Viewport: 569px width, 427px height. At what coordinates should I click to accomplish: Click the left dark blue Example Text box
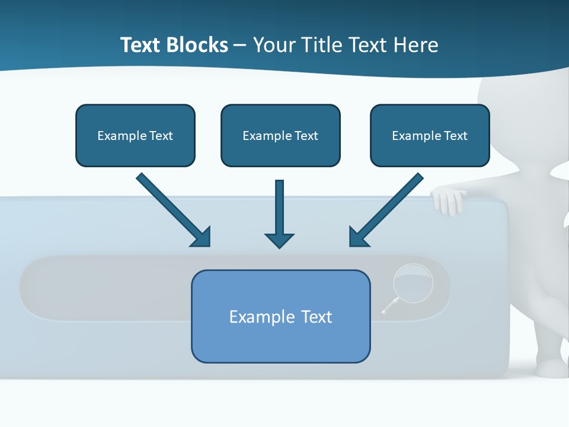(x=135, y=135)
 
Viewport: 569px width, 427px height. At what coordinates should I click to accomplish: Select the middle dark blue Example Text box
(x=280, y=135)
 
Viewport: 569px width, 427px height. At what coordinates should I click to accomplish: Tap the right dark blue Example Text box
(x=430, y=135)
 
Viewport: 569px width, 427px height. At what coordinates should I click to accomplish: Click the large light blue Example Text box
(x=280, y=316)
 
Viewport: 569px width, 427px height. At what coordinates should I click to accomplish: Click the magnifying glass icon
(x=413, y=282)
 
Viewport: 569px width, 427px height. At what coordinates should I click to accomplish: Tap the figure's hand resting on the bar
(x=449, y=200)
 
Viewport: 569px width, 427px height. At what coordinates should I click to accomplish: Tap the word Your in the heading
(x=274, y=45)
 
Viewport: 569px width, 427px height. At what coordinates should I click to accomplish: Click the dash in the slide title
(x=240, y=45)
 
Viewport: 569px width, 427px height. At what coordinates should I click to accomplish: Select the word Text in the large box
(x=317, y=317)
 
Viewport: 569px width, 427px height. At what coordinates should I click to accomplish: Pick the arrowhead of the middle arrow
(x=279, y=240)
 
